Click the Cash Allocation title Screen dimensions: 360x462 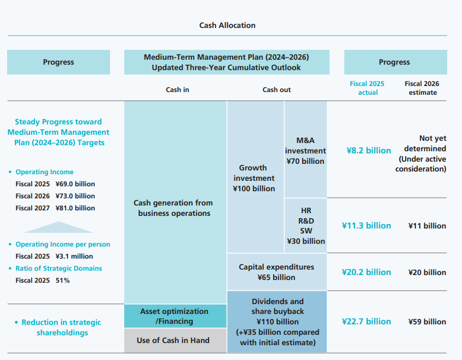[x=227, y=25]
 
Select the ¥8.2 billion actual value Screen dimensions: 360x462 [x=368, y=150]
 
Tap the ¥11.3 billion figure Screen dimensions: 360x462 [x=366, y=225]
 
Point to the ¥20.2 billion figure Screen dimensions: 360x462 [x=366, y=272]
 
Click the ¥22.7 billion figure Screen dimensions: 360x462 [x=366, y=321]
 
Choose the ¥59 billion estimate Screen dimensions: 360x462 [x=427, y=322]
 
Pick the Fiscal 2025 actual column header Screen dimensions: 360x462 [x=367, y=88]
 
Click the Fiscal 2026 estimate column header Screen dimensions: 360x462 [x=421, y=88]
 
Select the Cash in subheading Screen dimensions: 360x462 [x=177, y=89]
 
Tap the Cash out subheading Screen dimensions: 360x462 [x=276, y=89]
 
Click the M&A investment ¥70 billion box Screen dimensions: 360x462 [x=305, y=150]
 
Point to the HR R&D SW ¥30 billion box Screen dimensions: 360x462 [x=305, y=225]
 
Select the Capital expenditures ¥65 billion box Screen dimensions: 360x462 [x=276, y=272]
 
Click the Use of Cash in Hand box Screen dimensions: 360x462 [x=173, y=340]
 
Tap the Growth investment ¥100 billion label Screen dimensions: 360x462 [x=254, y=178]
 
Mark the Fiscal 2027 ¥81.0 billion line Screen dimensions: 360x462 [x=55, y=208]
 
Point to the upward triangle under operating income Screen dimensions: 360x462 [x=58, y=227]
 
